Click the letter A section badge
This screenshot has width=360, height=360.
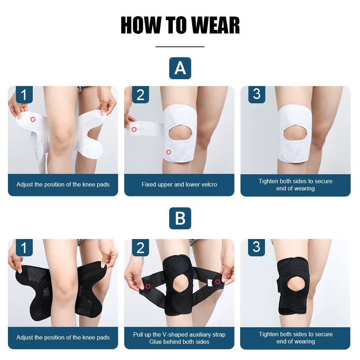[180, 68]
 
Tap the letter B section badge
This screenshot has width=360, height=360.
[180, 219]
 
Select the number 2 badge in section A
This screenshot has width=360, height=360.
[140, 95]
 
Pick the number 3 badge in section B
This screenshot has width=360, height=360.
[256, 247]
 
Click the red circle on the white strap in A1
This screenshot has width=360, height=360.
[33, 119]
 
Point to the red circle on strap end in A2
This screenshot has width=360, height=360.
[134, 129]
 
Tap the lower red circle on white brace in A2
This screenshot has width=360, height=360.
[168, 152]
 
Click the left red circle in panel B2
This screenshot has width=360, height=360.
[148, 287]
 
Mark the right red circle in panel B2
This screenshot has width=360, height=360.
[217, 282]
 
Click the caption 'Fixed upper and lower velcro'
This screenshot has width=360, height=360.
[179, 185]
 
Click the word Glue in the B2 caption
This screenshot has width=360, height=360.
[156, 342]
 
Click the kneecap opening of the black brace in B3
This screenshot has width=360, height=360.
[296, 285]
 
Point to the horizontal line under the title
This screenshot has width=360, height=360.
[180, 47]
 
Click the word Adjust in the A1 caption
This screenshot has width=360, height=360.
[25, 185]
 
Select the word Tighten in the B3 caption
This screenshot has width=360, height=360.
[270, 334]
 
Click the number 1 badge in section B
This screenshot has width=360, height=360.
[24, 248]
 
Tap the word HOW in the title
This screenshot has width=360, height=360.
[141, 25]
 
